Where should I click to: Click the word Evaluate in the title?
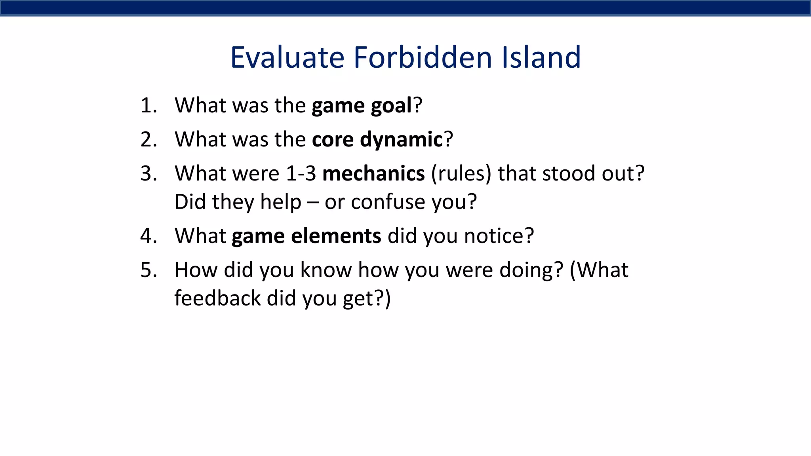click(x=287, y=58)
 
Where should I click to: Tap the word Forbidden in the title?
click(x=422, y=58)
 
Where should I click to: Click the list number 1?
click(x=148, y=106)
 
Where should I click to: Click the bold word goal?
click(x=391, y=106)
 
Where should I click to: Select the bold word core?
click(x=332, y=140)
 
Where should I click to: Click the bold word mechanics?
click(x=373, y=174)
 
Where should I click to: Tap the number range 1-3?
click(x=301, y=174)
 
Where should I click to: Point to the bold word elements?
click(x=336, y=236)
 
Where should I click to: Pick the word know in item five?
click(x=326, y=270)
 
